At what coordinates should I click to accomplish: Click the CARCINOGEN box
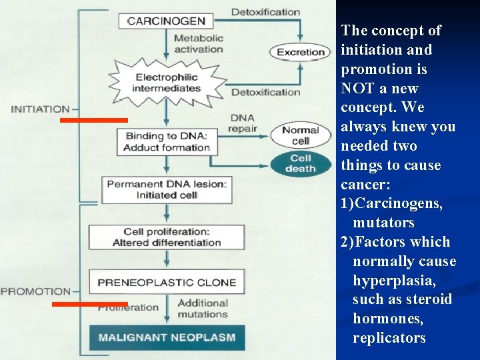pos(166,21)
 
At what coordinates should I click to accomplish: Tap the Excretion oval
pos(300,52)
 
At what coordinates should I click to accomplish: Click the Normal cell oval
pos(300,135)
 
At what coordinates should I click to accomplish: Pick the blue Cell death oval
pos(300,163)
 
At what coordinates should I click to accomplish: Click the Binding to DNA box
pos(167,141)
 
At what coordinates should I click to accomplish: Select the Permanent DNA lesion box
pos(167,189)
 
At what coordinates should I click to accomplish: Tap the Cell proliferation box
pos(167,237)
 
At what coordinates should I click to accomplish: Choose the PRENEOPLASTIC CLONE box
pos(167,282)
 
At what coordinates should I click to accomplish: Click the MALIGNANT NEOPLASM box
pos(167,337)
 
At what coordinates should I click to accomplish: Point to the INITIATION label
pos(40,109)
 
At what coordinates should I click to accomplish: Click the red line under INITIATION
pos(93,120)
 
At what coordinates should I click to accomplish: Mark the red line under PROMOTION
pos(89,304)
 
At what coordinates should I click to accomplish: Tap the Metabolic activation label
pos(198,43)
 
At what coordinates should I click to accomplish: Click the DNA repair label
pos(243,123)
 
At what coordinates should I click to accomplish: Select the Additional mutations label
pos(203,309)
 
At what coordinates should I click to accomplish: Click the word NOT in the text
pos(355,88)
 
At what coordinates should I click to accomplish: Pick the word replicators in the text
pos(389,338)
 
